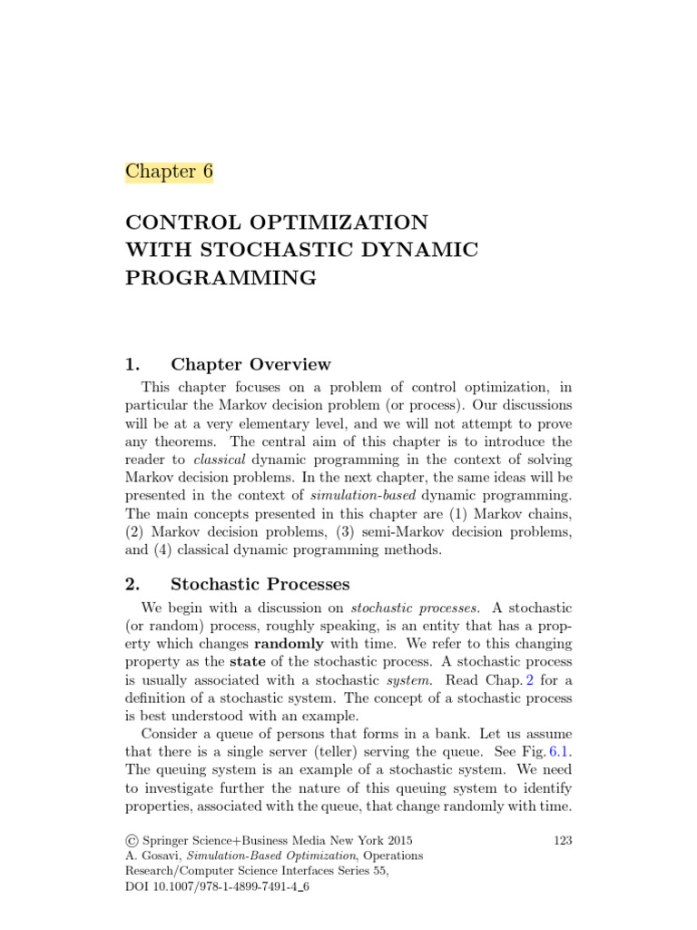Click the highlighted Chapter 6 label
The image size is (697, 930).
(x=169, y=172)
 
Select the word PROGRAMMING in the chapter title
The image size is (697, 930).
(x=221, y=278)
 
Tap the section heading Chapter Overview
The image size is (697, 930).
(x=250, y=364)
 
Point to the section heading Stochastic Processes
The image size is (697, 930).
(x=260, y=584)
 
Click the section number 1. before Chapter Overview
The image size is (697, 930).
(x=133, y=364)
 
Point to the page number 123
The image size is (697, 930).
(x=562, y=841)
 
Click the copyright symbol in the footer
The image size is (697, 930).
(x=131, y=841)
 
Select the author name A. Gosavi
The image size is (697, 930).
(x=157, y=856)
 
